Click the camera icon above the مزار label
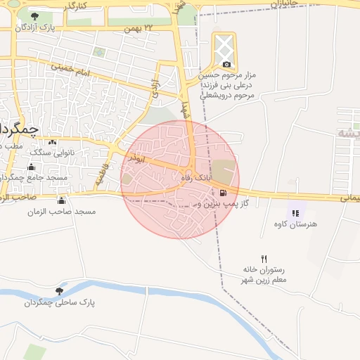226,65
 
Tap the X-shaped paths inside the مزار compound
224,47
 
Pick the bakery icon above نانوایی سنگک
52,142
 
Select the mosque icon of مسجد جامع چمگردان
31,167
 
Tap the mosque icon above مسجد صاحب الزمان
61,201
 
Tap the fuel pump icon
224,193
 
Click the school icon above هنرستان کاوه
295,213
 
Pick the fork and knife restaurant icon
264,259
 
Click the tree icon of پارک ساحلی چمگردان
58,291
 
